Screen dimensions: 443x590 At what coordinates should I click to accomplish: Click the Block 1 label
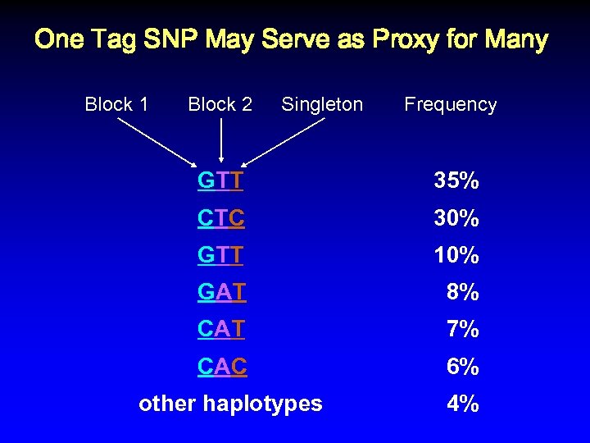[x=116, y=105]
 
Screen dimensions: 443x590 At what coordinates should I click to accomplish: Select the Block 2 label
[x=220, y=105]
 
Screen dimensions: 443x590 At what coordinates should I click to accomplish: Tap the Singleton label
[x=321, y=105]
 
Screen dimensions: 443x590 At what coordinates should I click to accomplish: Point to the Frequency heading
[x=450, y=105]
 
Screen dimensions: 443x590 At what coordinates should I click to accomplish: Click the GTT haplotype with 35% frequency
[x=220, y=181]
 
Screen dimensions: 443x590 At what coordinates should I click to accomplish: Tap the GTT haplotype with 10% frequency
[x=220, y=256]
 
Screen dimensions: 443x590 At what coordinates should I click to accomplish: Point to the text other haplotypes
[x=230, y=404]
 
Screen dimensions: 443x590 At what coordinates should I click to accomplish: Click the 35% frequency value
[x=456, y=181]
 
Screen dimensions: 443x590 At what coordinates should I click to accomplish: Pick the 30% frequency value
[x=456, y=219]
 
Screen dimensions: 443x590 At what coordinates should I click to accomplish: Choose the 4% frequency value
[x=463, y=404]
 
